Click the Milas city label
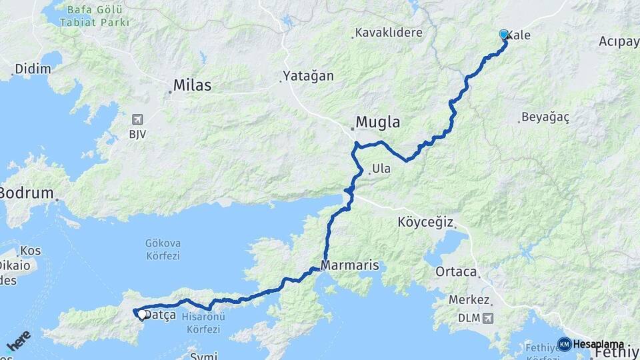pos(192,85)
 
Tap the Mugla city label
pos(378,123)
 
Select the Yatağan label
pos(308,76)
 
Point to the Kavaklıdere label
pos(389,32)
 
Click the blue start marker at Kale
pos(504,35)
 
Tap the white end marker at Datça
pos(142,313)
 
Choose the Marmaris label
pos(349,265)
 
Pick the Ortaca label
pos(456,272)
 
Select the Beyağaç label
pos(545,117)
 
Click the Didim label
pos(33,69)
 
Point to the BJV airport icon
pos(138,120)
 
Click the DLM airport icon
pos(490,319)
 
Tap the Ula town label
pos(382,169)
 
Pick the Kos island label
pos(30,251)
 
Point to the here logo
pos(17,341)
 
